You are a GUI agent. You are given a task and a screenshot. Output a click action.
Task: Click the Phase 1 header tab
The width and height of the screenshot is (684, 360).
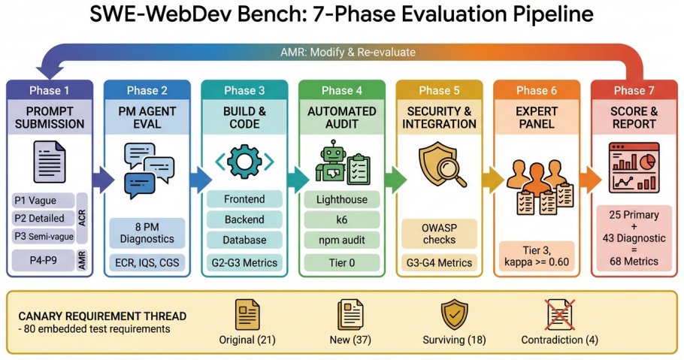(x=50, y=90)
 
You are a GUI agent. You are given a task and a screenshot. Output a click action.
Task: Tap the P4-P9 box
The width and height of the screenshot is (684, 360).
(x=43, y=260)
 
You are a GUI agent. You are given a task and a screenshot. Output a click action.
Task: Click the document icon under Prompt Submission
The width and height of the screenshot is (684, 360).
(x=50, y=162)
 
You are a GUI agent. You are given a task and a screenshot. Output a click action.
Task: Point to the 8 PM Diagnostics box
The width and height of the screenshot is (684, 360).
(x=147, y=233)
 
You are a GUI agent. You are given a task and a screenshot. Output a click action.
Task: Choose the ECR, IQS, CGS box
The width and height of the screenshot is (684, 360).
(x=147, y=263)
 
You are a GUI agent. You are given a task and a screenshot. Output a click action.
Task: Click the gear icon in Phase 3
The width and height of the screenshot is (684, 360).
(x=244, y=162)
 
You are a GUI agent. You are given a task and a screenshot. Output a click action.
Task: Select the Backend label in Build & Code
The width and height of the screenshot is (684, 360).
(x=244, y=219)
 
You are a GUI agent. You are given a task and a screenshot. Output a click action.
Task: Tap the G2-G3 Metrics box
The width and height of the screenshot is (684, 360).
(x=244, y=263)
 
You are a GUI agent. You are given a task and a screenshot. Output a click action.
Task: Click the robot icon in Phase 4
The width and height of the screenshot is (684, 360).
(x=333, y=161)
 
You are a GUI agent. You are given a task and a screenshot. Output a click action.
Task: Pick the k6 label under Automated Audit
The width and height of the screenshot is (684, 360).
(x=342, y=219)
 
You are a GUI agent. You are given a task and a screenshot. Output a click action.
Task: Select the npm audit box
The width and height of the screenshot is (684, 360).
(x=342, y=240)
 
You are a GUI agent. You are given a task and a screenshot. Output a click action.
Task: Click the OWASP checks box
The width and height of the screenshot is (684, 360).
(x=439, y=234)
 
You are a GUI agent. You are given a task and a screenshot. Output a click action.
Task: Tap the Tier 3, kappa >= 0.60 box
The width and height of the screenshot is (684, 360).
(x=537, y=256)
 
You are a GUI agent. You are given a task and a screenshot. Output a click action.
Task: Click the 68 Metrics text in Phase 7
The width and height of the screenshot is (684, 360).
(x=634, y=262)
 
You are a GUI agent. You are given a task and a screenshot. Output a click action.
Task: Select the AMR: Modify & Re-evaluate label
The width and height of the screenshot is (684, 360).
(x=348, y=53)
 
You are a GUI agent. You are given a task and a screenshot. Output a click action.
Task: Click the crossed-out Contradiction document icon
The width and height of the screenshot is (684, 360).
(x=560, y=315)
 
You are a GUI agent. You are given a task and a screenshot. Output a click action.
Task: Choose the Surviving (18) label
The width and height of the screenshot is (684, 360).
(x=454, y=340)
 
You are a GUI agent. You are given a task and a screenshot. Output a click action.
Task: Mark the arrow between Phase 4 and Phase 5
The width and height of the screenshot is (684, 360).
(x=395, y=180)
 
